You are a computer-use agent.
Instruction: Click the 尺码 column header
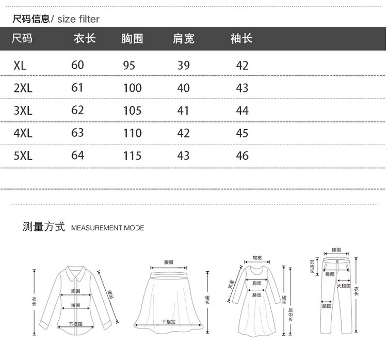click(22, 39)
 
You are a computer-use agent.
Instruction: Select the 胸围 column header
click(132, 39)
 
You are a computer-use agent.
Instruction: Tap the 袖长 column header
click(241, 39)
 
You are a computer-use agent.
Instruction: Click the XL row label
click(20, 66)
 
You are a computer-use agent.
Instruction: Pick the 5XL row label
click(23, 155)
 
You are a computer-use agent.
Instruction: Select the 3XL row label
click(23, 111)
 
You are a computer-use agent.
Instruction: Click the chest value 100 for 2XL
click(132, 88)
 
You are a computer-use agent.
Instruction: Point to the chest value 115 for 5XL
click(132, 155)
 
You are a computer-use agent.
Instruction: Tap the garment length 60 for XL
click(77, 65)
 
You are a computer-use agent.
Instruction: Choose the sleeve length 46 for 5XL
click(242, 155)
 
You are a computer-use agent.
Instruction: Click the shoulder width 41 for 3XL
click(183, 111)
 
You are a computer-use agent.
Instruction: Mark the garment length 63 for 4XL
click(77, 133)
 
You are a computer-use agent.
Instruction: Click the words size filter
click(78, 20)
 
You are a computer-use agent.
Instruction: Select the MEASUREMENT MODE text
click(107, 228)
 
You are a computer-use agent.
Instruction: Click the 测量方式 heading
click(43, 227)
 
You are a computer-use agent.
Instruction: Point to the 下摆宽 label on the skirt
click(169, 321)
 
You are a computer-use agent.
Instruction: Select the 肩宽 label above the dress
click(257, 257)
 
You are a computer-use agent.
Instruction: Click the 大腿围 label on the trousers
click(344, 286)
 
